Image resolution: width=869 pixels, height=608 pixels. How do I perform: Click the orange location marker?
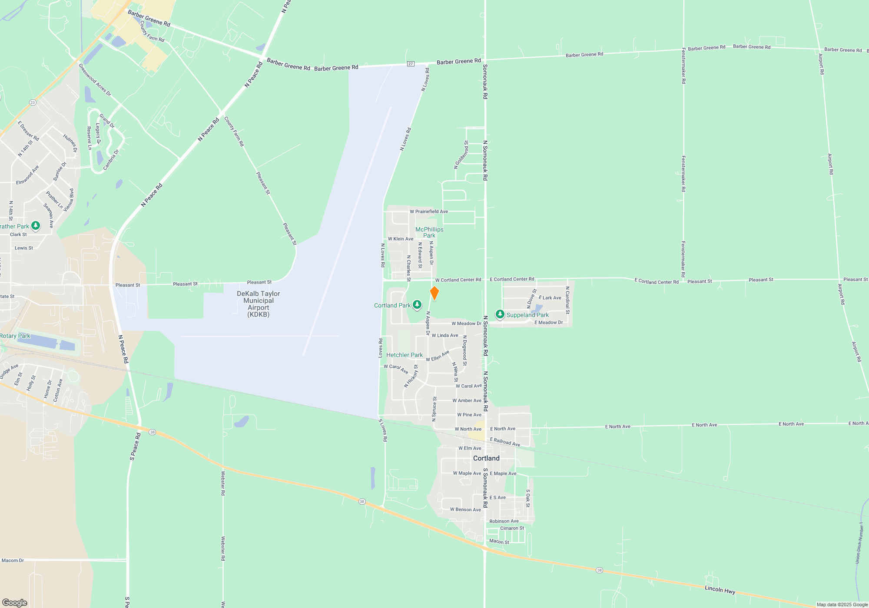[x=434, y=293]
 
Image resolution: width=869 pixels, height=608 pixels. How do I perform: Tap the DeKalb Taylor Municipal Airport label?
[x=259, y=304]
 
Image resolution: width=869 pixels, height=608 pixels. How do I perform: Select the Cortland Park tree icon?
[x=417, y=305]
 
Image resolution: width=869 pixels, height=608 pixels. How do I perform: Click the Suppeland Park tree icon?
[x=500, y=314]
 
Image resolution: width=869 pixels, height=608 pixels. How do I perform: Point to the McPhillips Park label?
[x=429, y=232]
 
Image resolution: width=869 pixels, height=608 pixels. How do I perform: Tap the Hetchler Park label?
[x=404, y=355]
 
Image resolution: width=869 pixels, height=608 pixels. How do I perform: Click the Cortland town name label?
[x=486, y=458]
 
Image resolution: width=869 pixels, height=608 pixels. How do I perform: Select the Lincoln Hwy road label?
[x=720, y=589]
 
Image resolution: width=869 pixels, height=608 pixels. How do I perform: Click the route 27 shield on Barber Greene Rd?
[x=411, y=64]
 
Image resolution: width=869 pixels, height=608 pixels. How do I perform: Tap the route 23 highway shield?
[x=33, y=102]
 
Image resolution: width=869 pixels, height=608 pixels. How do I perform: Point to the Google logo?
[x=15, y=602]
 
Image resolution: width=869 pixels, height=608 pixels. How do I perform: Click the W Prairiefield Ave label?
[x=429, y=211]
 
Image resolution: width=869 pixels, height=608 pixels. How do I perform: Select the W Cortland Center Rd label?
[x=458, y=280]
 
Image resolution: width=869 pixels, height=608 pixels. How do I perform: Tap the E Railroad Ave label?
[x=505, y=442]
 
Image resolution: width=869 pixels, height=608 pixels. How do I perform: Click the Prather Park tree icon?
[x=36, y=226]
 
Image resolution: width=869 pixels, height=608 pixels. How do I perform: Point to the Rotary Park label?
[x=15, y=336]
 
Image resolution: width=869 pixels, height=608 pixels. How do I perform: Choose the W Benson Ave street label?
[x=465, y=509]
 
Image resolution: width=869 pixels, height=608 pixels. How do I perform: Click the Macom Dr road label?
[x=13, y=560]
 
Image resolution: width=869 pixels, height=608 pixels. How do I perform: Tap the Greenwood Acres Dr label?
[x=94, y=79]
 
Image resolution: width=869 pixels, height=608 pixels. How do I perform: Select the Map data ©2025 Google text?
[x=842, y=605]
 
